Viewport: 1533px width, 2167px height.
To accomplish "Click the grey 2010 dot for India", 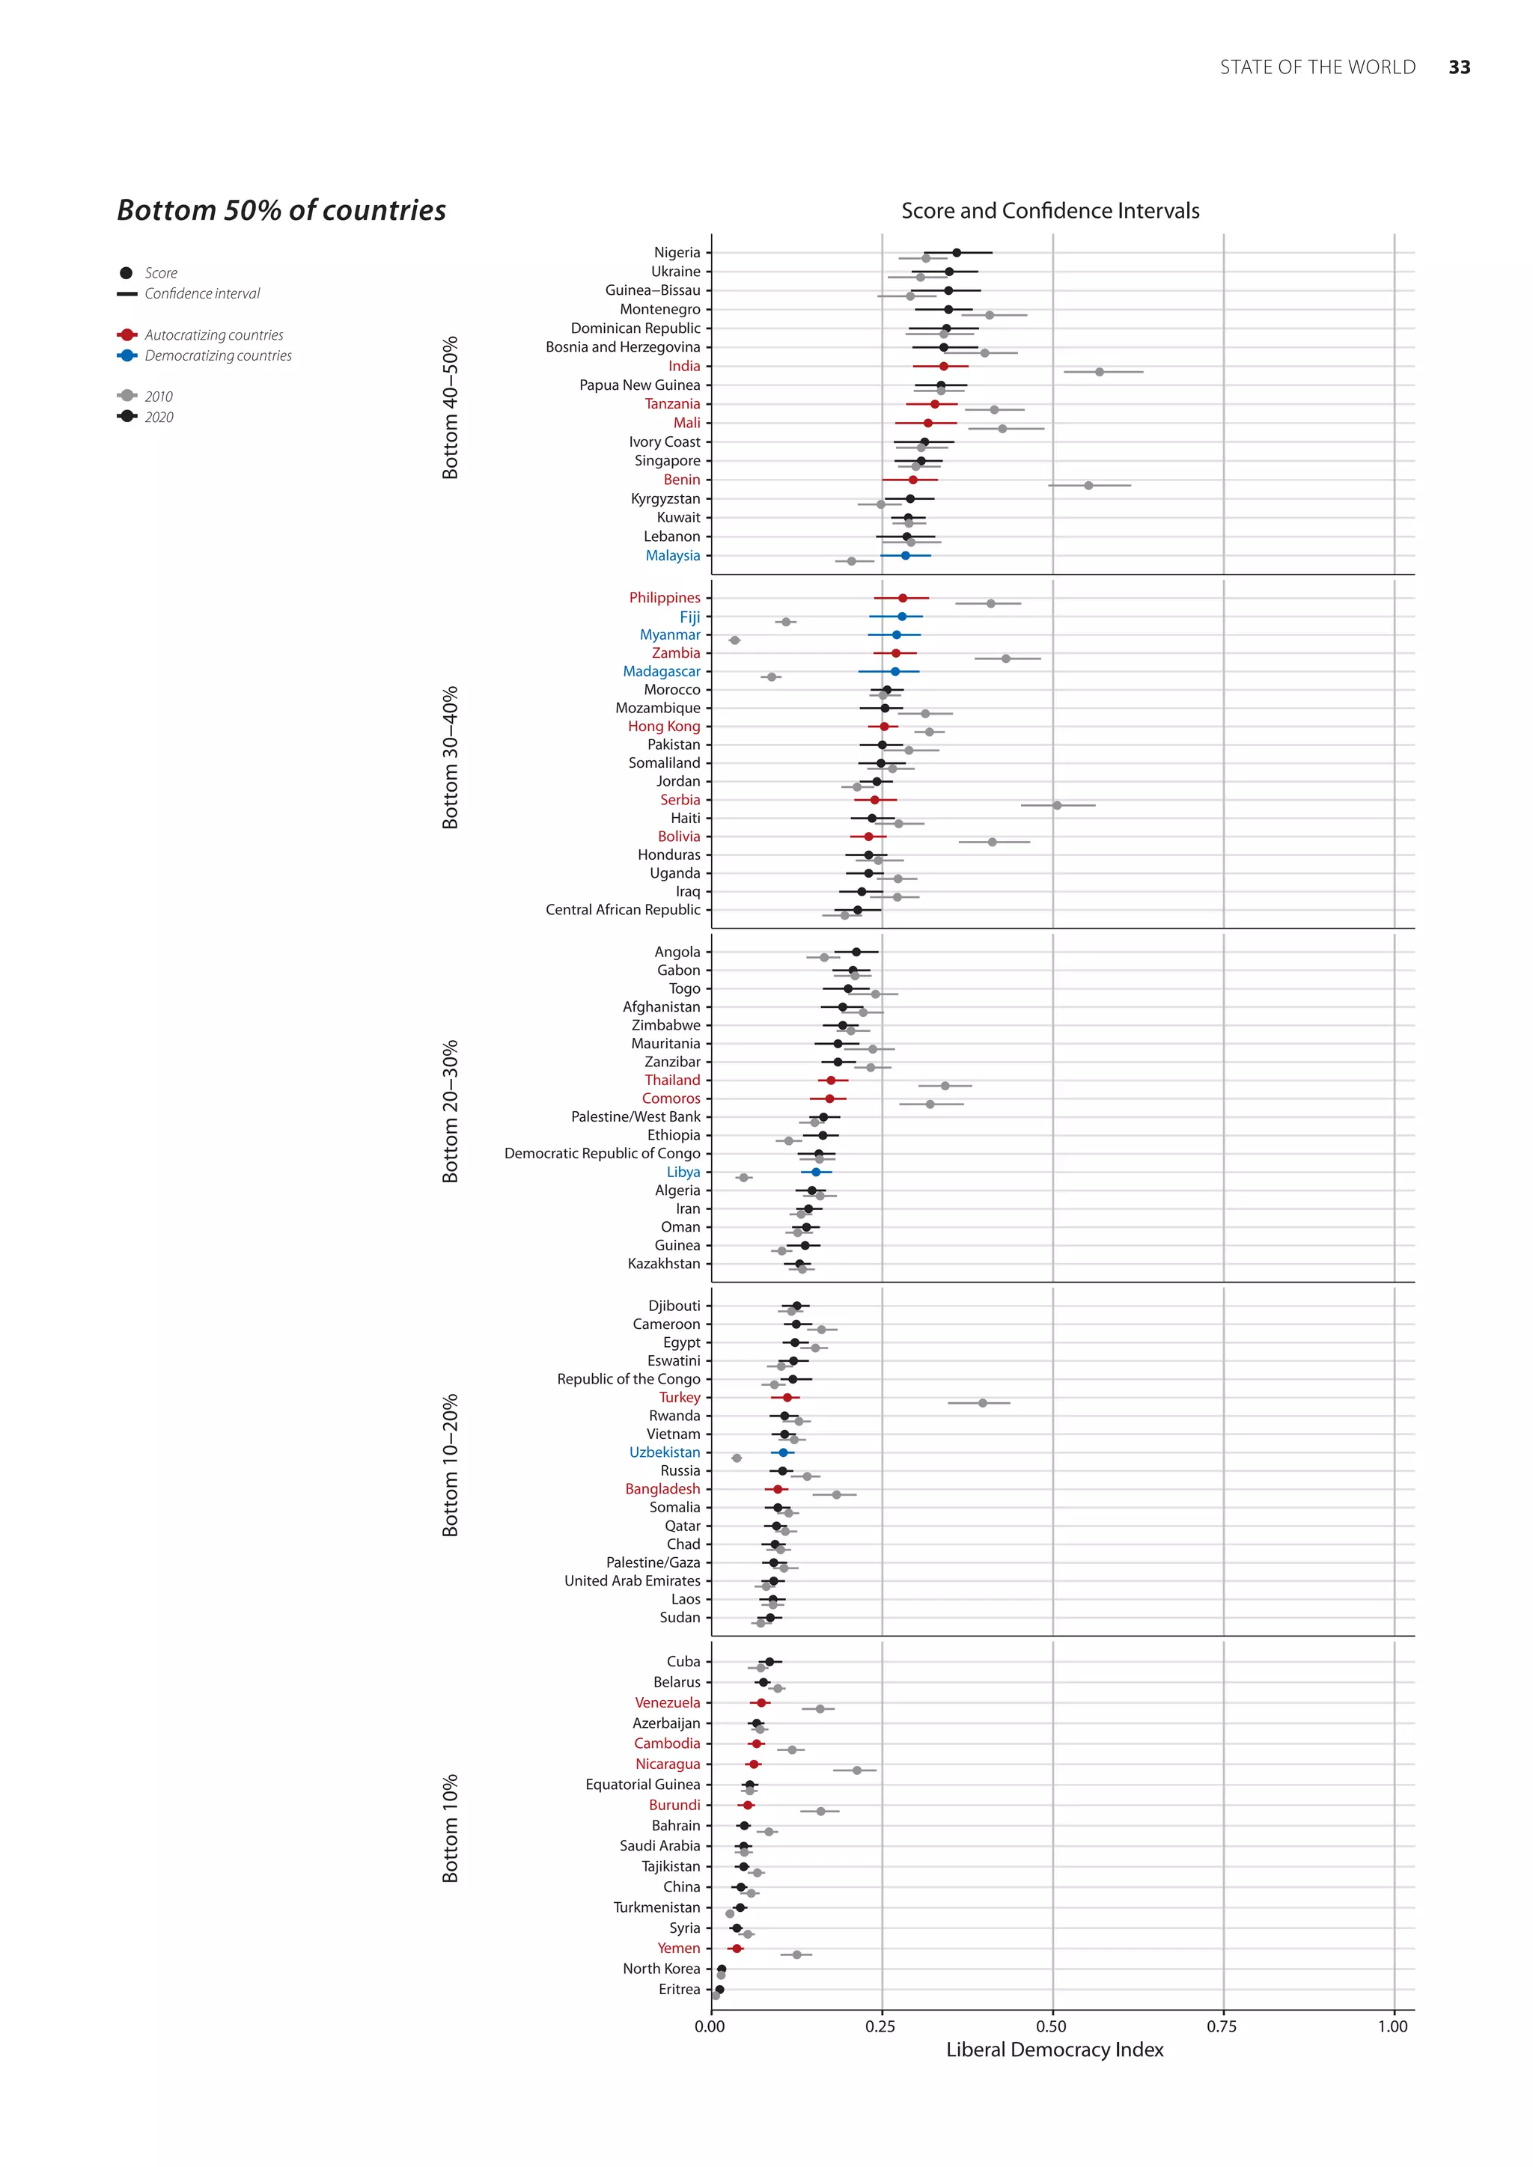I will [x=1099, y=372].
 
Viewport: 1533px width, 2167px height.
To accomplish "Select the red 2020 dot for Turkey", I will [x=787, y=1397].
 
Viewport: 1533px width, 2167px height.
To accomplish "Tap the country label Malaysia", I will [x=672, y=555].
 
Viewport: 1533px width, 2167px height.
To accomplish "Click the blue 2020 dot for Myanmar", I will [x=897, y=635].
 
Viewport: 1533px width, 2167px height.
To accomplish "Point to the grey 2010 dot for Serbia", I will [x=1056, y=805].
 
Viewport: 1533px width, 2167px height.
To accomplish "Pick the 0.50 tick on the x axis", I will [x=1052, y=2026].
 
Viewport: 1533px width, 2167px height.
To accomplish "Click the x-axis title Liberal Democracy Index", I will [x=1055, y=2050].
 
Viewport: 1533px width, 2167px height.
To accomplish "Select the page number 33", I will [x=1460, y=67].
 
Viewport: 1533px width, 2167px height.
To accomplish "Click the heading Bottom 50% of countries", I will [x=281, y=210].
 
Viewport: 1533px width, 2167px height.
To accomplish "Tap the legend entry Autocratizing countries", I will [x=213, y=335].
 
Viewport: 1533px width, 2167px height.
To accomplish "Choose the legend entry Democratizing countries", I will [x=218, y=356].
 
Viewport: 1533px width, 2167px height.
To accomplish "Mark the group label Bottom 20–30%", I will [x=451, y=1111].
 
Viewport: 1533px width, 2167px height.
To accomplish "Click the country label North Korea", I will [x=661, y=1968].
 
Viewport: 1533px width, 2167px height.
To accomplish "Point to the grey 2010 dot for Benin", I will [x=1088, y=485].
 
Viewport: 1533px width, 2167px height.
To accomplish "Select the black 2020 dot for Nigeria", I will [x=956, y=252].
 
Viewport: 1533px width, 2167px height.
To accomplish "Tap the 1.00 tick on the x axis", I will [x=1392, y=2026].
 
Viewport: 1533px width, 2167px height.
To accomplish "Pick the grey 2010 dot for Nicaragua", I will [x=857, y=1770].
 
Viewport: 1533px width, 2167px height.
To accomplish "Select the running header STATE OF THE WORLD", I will [x=1317, y=67].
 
